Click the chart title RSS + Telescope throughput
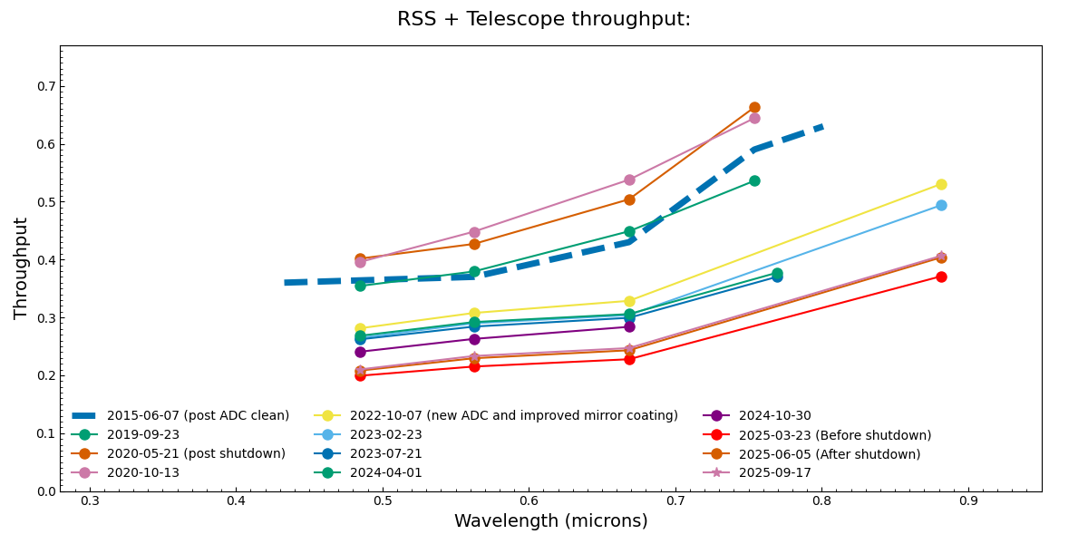tap(544, 19)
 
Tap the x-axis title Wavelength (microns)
tap(550, 521)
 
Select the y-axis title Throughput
tap(22, 268)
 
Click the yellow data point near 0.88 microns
tap(941, 184)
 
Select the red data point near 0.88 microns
tap(941, 277)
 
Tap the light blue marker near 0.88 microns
tap(941, 205)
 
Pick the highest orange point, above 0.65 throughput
tap(754, 107)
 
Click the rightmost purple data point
tap(629, 326)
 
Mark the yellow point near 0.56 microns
tap(474, 313)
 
